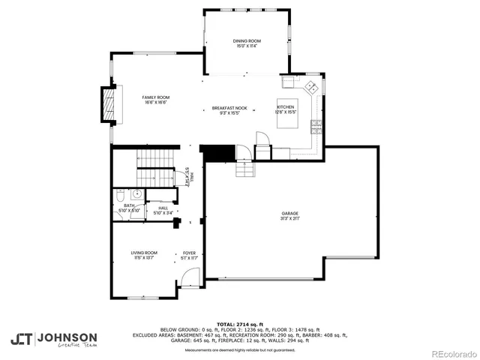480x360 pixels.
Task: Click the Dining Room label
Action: (247, 41)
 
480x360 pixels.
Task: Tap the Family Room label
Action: (156, 97)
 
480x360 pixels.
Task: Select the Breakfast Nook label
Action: (224, 109)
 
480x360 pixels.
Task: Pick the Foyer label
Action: (189, 253)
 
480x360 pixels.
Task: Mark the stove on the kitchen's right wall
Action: (317, 125)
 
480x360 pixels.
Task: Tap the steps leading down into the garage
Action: (246, 169)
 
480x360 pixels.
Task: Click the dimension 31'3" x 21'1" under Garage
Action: (289, 219)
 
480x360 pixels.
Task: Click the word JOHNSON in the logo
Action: (67, 337)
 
